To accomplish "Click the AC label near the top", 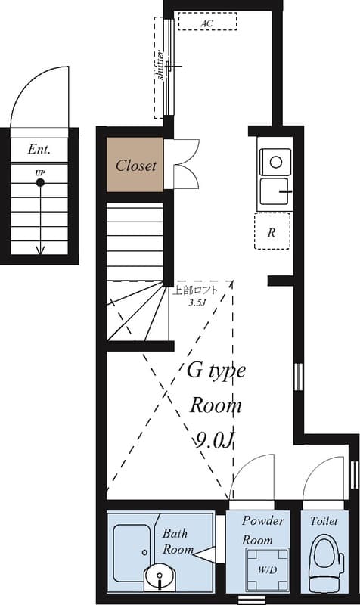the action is pyautogui.click(x=206, y=23).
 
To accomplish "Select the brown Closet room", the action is pyautogui.click(x=135, y=165).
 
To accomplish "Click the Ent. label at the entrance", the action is pyautogui.click(x=39, y=149).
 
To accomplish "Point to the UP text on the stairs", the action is pyautogui.click(x=40, y=173).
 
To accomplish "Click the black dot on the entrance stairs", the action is pyautogui.click(x=40, y=182).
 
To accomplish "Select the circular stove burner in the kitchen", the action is pyautogui.click(x=275, y=162).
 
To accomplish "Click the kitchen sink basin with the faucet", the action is pyautogui.click(x=275, y=191).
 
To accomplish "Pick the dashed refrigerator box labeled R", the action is pyautogui.click(x=272, y=231).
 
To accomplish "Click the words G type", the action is pyautogui.click(x=216, y=371).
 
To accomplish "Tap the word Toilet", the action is pyautogui.click(x=324, y=521).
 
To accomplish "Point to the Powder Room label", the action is pyautogui.click(x=262, y=530).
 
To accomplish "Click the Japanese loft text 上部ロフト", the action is pyautogui.click(x=195, y=290).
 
